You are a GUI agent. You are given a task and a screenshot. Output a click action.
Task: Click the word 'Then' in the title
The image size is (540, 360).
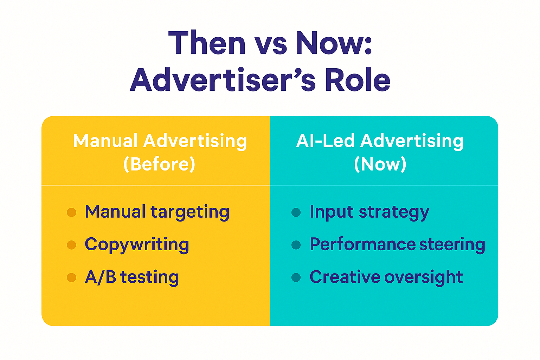[207, 43]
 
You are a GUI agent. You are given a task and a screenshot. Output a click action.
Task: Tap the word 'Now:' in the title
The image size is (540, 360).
[334, 43]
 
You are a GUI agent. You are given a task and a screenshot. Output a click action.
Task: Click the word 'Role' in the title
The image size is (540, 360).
[358, 79]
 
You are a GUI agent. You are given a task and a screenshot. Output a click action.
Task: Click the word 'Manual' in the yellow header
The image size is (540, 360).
[105, 141]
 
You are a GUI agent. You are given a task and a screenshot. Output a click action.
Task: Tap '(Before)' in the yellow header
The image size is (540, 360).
[159, 164]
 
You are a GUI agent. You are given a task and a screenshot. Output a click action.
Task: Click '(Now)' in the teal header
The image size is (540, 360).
[380, 164]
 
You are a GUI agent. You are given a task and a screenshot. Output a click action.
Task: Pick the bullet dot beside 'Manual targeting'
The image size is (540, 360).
[71, 212]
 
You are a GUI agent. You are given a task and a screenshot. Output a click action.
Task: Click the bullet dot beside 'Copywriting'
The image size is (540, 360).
[71, 245]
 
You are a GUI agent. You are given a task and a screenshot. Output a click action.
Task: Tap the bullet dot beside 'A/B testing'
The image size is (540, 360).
[71, 277]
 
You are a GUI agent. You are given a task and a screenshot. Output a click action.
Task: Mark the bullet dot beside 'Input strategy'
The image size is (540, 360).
[296, 212]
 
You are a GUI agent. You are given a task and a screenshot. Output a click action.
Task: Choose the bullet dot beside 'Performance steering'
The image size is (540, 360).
[296, 245]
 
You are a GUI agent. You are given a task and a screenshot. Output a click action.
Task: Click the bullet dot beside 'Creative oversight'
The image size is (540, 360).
[296, 277]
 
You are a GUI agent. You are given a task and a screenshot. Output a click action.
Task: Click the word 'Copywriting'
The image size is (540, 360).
[137, 245]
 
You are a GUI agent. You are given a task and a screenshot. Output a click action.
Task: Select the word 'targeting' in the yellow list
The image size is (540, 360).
[190, 213]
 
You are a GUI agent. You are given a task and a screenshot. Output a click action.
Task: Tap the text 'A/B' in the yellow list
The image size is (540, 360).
[101, 277]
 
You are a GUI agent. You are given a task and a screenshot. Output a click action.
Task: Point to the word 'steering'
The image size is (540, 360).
[452, 245]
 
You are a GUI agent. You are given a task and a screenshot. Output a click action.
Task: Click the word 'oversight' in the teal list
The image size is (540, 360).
[424, 277]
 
